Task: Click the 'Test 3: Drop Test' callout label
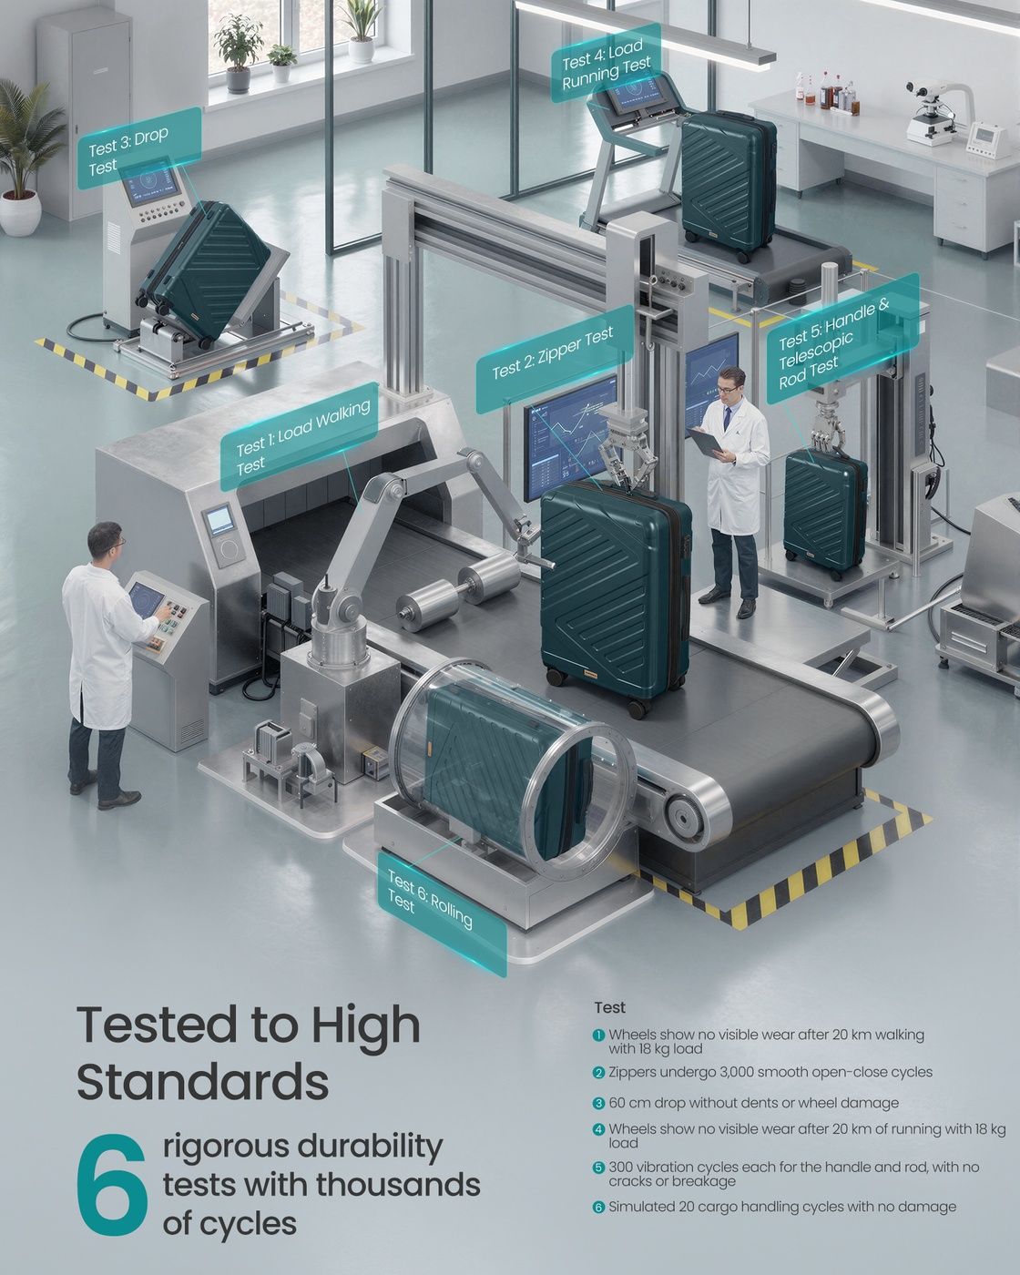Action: coord(139,148)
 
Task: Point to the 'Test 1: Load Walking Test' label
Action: coord(300,436)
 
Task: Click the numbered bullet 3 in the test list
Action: coord(598,1103)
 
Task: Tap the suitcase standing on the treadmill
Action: coord(728,185)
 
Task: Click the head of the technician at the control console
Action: coord(106,542)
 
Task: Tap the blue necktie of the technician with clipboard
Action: coord(727,418)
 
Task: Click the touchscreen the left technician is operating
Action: coord(144,599)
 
